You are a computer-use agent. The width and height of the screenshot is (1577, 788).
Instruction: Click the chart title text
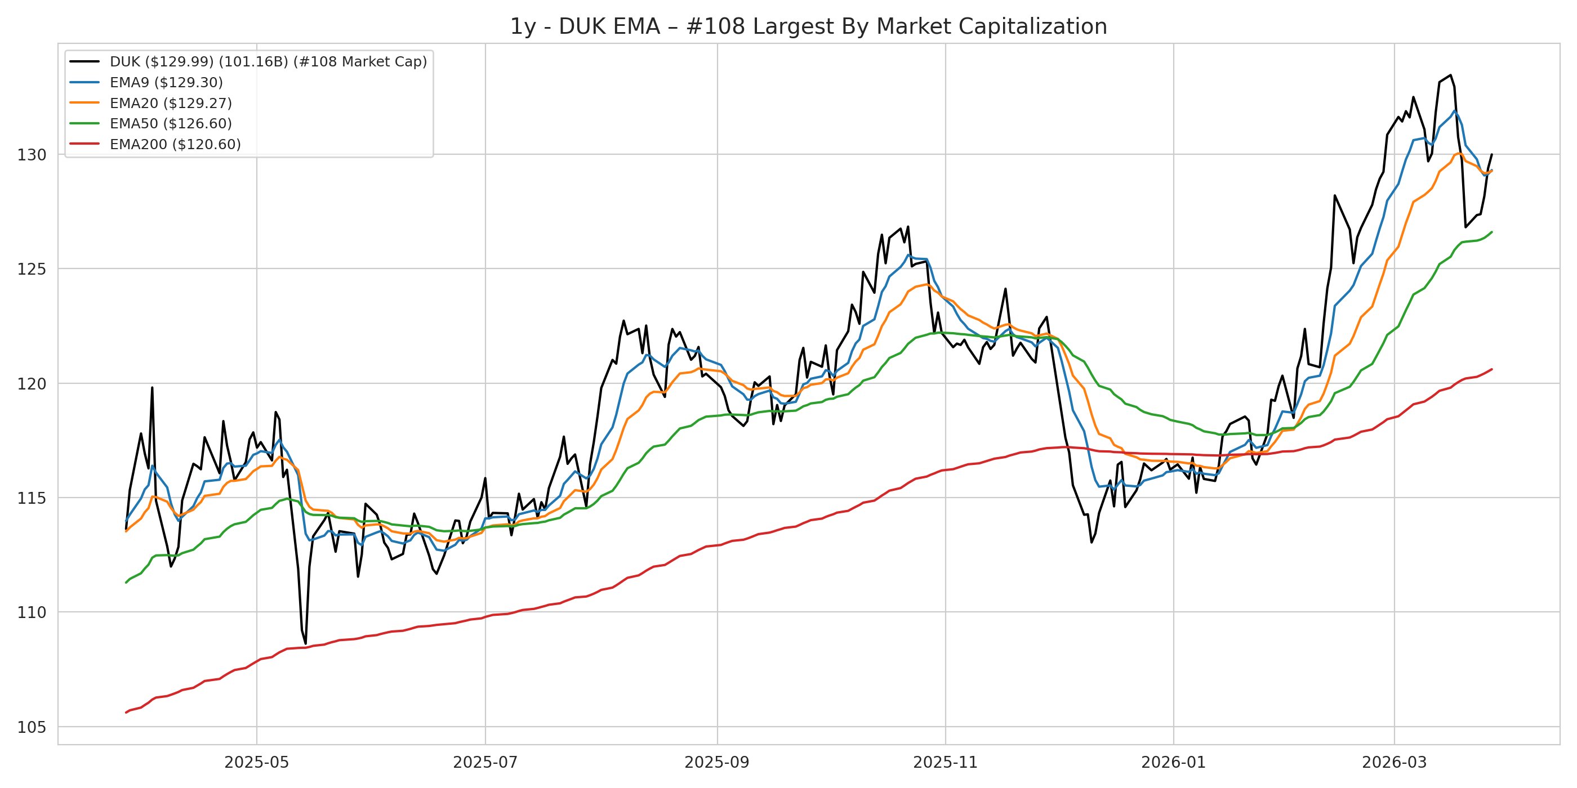[x=808, y=27]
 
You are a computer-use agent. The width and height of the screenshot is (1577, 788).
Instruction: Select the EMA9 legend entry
[x=166, y=83]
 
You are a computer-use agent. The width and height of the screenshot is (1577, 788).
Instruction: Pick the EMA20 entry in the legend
[x=171, y=104]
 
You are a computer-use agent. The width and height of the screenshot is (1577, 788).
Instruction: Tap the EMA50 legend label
[x=171, y=124]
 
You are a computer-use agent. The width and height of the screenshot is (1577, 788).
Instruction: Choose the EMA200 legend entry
[x=175, y=145]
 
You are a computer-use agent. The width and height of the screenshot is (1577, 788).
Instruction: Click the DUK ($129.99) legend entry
[x=268, y=62]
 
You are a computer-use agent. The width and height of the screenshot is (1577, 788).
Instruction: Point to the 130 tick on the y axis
[x=32, y=155]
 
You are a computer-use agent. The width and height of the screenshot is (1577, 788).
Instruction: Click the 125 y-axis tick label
[x=32, y=269]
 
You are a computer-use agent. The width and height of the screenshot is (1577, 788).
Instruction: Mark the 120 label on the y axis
[x=32, y=384]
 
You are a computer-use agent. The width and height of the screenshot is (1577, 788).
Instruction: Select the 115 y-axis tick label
[x=32, y=498]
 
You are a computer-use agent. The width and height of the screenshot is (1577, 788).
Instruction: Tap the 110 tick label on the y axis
[x=32, y=612]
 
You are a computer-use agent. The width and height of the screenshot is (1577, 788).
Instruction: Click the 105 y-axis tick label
[x=32, y=727]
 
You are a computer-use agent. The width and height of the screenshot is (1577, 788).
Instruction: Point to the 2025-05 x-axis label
[x=256, y=762]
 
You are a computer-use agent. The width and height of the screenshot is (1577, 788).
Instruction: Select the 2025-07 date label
[x=485, y=762]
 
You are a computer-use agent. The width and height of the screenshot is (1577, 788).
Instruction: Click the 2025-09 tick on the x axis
[x=717, y=762]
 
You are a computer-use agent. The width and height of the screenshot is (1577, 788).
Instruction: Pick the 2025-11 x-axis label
[x=945, y=762]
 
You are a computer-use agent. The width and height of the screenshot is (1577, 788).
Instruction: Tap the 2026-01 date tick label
[x=1174, y=762]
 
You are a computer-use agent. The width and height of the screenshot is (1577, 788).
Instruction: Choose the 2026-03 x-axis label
[x=1394, y=762]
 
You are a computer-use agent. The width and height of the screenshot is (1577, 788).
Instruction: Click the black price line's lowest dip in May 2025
[x=305, y=643]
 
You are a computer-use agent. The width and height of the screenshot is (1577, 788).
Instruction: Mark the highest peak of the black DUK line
[x=1450, y=75]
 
